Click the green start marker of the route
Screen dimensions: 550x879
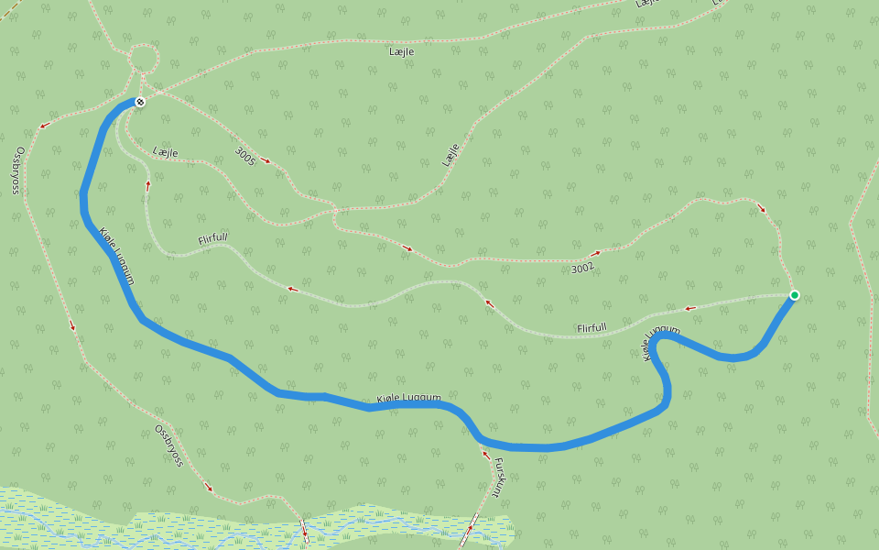pyautogui.click(x=795, y=294)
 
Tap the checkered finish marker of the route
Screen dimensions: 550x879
pyautogui.click(x=140, y=102)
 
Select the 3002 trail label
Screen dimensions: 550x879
pyautogui.click(x=582, y=268)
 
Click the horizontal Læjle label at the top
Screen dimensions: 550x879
pyautogui.click(x=403, y=52)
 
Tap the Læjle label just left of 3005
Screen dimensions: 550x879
pyautogui.click(x=166, y=151)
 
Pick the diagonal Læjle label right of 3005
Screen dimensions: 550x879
pyautogui.click(x=450, y=154)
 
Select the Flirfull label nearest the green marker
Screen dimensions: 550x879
pyautogui.click(x=592, y=327)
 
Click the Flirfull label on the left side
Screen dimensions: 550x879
pyautogui.click(x=213, y=240)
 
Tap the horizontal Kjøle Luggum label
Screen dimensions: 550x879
pyautogui.click(x=408, y=399)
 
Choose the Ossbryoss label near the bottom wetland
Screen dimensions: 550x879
pyautogui.click(x=168, y=445)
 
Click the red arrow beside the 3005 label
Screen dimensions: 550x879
pyautogui.click(x=266, y=160)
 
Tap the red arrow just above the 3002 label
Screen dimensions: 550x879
pyautogui.click(x=595, y=253)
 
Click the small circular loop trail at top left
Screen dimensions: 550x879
pyautogui.click(x=142, y=58)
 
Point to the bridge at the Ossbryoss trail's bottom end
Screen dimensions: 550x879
pyautogui.click(x=304, y=531)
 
